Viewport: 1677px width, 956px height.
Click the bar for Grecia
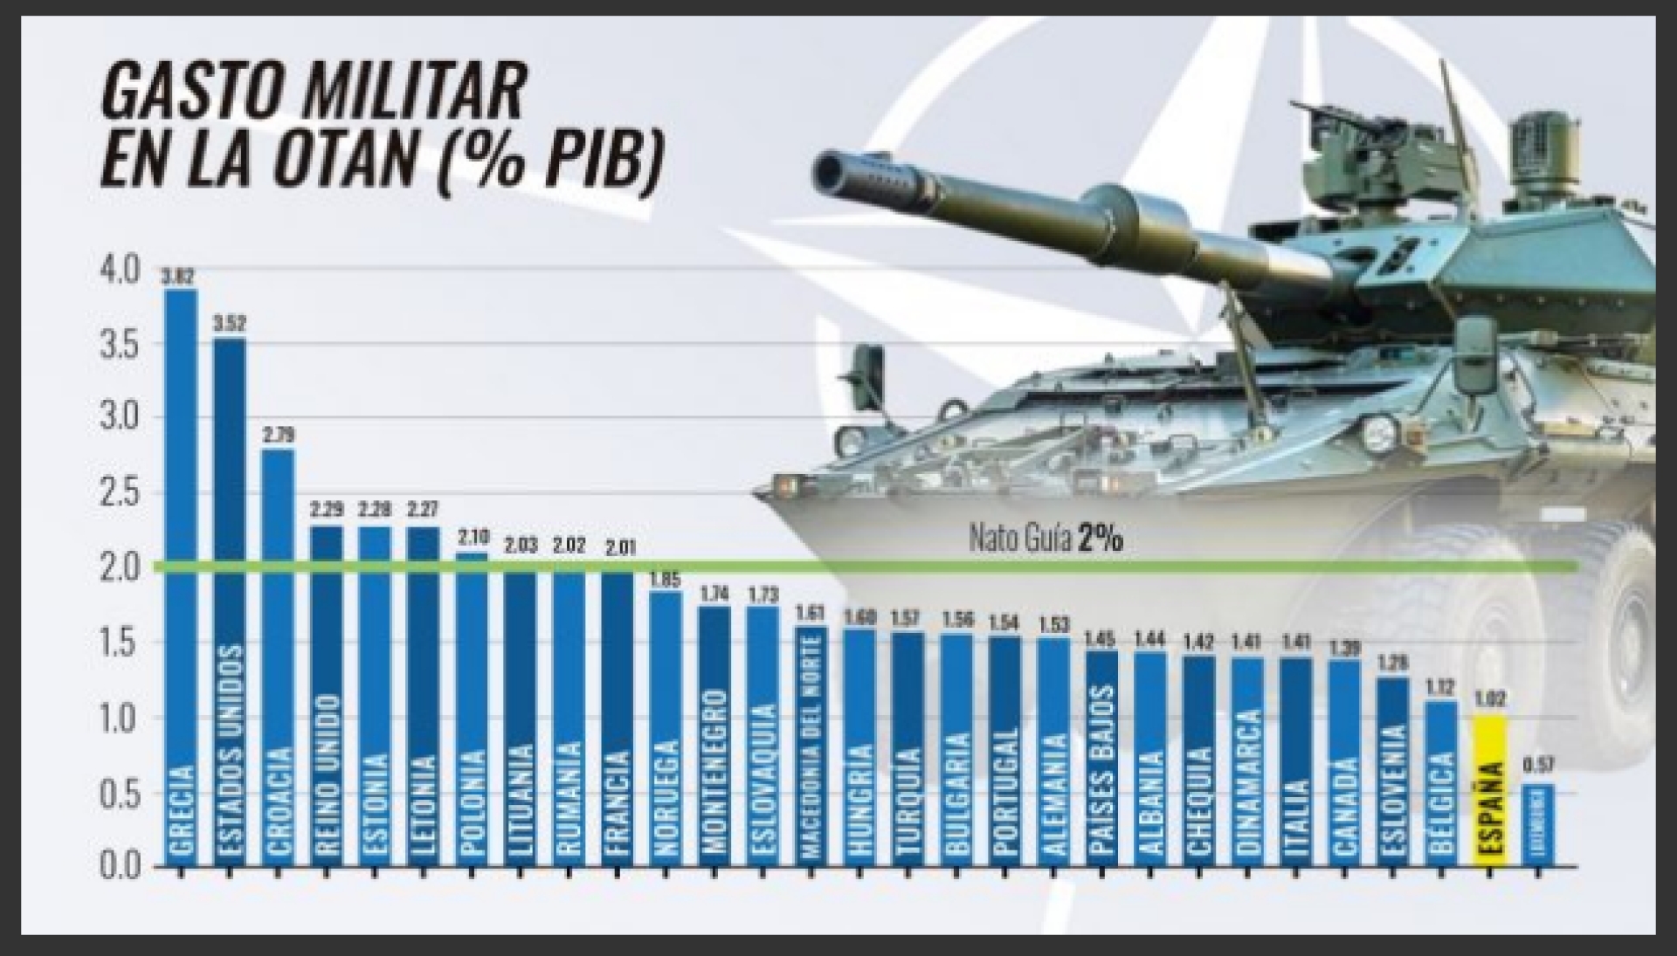click(x=181, y=576)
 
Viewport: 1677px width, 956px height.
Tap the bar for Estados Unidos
click(x=230, y=602)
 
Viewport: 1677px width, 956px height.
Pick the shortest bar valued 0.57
click(x=1539, y=825)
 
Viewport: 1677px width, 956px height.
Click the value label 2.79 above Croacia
click(x=279, y=435)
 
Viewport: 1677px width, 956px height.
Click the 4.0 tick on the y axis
click(x=120, y=271)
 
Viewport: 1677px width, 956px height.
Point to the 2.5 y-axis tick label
click(x=120, y=494)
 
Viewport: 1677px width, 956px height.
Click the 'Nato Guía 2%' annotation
click(x=1046, y=540)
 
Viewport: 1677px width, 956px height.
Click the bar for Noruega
click(x=666, y=729)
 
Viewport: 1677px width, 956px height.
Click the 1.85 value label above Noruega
click(x=666, y=579)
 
